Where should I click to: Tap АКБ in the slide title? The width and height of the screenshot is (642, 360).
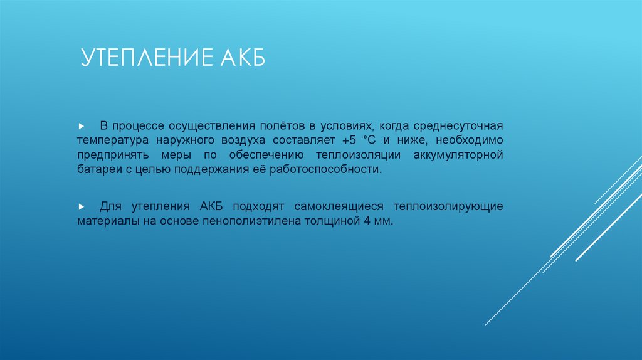tap(243, 59)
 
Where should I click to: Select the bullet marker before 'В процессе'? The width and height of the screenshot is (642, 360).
tap(82, 125)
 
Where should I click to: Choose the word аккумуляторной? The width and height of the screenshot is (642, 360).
tap(459, 154)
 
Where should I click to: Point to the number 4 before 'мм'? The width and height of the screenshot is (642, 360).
tap(367, 221)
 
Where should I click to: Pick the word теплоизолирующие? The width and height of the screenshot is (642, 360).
tap(448, 206)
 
